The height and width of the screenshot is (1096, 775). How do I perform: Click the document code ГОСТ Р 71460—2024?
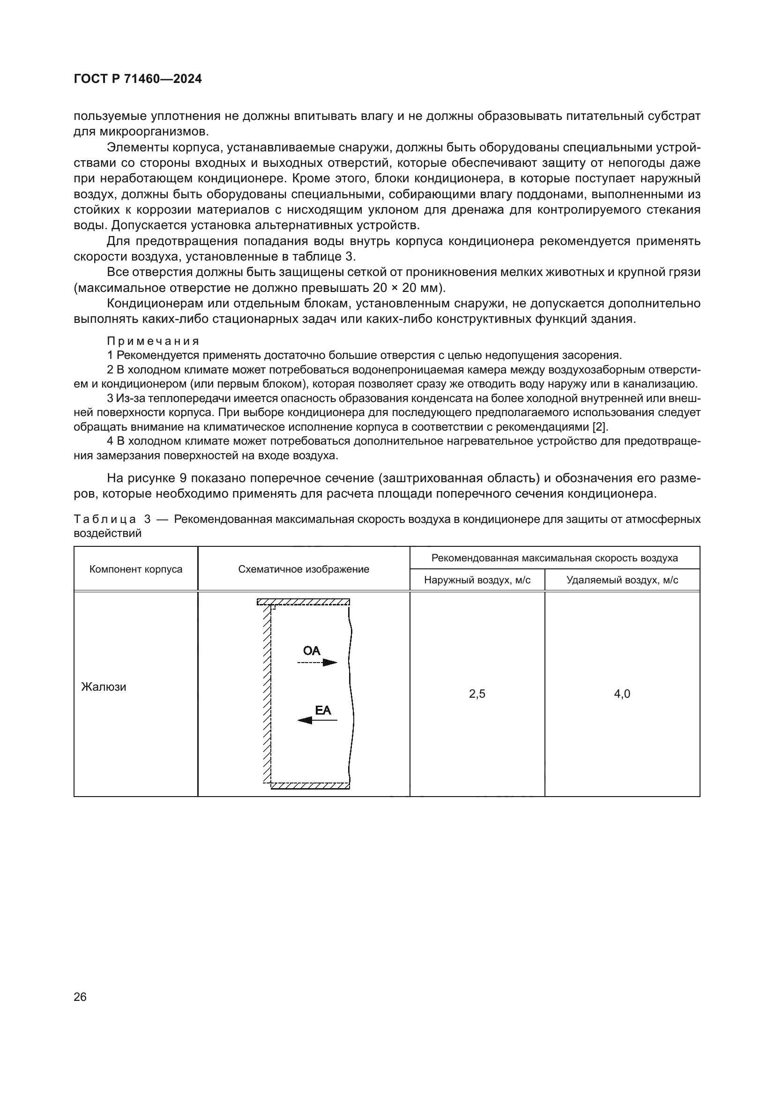tap(138, 79)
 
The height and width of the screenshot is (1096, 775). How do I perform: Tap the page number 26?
tap(80, 997)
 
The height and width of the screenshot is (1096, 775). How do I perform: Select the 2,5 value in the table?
tap(477, 693)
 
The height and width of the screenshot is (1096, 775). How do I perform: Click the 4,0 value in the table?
tap(622, 693)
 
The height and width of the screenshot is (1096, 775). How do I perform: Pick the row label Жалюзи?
tap(104, 687)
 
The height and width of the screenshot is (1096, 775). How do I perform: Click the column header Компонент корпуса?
tap(135, 569)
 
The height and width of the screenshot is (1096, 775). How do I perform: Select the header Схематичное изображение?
tap(304, 569)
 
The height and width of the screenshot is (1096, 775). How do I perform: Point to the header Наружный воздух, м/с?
tap(477, 580)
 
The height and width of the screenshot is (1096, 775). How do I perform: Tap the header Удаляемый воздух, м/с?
tap(622, 580)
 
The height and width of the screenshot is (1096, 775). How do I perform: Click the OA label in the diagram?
tap(312, 651)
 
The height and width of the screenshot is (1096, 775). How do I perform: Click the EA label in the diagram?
tap(323, 710)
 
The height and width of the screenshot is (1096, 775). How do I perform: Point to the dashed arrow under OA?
tap(317, 662)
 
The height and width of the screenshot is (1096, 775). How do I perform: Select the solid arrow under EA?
tap(317, 720)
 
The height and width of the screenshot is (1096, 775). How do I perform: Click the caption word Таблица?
tap(105, 519)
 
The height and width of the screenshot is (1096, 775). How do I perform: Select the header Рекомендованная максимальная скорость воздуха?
tap(554, 558)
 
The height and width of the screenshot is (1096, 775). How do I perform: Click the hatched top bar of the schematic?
tap(304, 602)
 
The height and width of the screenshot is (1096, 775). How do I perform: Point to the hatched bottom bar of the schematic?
tap(310, 785)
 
